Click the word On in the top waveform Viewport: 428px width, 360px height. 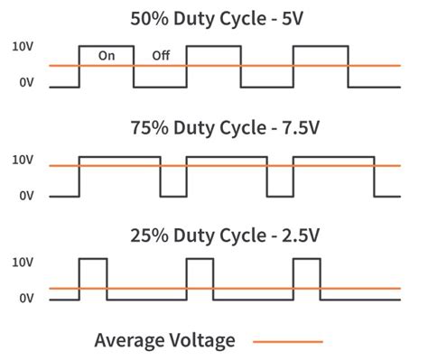[x=107, y=56]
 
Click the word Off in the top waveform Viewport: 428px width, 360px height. [x=161, y=56]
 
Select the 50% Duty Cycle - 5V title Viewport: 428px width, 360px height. [x=213, y=18]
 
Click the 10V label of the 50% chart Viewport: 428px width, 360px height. [x=23, y=46]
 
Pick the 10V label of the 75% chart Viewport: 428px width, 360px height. [x=23, y=160]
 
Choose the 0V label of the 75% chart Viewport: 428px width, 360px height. [x=26, y=196]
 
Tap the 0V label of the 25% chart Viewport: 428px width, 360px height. [x=26, y=298]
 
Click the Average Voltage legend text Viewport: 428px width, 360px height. [x=165, y=340]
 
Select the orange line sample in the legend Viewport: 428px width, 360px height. [x=287, y=341]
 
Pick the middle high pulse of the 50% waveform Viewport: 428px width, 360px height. [x=213, y=65]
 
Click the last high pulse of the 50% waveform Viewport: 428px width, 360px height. [x=321, y=65]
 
